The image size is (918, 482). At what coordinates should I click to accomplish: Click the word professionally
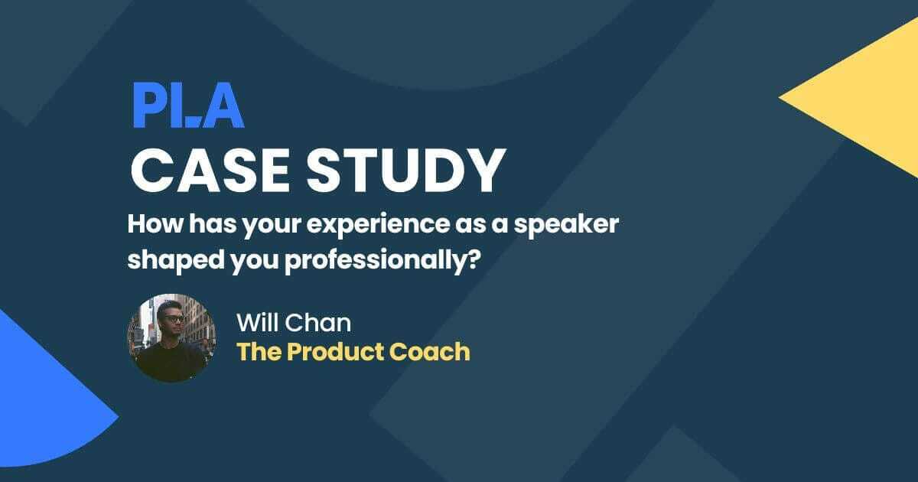(x=378, y=260)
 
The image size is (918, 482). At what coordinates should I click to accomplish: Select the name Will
(x=258, y=323)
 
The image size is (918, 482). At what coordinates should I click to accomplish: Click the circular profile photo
(x=171, y=337)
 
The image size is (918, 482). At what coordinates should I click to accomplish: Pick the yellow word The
(x=256, y=351)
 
